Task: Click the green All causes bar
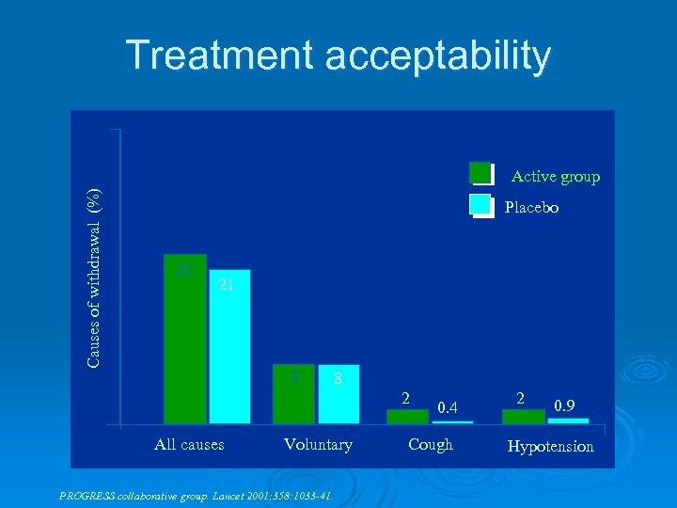point(184,339)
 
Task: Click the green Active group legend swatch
point(480,174)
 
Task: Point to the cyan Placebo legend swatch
point(480,206)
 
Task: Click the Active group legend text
point(555,176)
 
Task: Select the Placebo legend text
point(531,207)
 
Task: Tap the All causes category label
point(189,444)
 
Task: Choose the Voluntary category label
point(318,444)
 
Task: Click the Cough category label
point(431,444)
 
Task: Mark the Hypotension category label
point(550,446)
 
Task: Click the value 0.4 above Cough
point(448,406)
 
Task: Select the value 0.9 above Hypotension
point(564,406)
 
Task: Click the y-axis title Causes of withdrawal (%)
point(94,278)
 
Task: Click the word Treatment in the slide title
point(220,56)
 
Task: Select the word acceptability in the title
point(438,56)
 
